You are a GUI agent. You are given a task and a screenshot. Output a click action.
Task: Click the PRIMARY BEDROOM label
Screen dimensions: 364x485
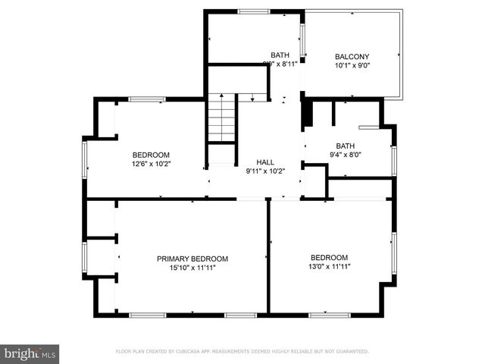[x=192, y=259]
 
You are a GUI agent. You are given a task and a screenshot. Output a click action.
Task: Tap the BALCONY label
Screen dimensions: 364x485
[x=352, y=56]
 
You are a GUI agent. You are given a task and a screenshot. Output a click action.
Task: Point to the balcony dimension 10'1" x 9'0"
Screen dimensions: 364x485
[x=352, y=65]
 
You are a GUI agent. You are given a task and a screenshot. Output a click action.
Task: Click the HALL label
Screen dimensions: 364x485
[x=265, y=162]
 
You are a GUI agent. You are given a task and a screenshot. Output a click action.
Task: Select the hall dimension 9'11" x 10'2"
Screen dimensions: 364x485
[x=265, y=171]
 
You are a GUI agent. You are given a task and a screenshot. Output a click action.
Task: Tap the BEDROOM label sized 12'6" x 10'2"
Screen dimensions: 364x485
[x=151, y=155]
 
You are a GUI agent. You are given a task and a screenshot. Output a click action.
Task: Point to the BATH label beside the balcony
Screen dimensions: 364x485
[x=280, y=55]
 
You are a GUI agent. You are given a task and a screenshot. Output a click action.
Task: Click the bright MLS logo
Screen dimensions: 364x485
[x=30, y=353]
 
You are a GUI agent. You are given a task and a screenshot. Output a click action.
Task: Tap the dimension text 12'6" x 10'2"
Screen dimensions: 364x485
[x=151, y=164]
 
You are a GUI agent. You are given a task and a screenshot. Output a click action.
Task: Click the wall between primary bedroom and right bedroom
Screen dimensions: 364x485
[x=268, y=258]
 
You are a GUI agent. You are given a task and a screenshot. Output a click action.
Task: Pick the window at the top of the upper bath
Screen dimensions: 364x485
[x=253, y=11]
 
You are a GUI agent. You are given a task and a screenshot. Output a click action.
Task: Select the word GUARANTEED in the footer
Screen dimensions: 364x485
[x=351, y=352]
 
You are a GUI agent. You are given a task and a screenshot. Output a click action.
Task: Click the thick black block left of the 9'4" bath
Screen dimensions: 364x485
[x=307, y=114]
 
